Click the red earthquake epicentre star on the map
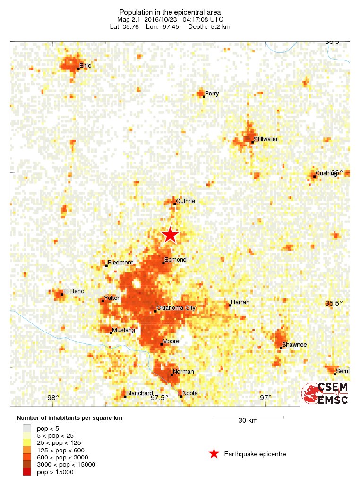[170, 235]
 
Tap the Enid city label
[85, 66]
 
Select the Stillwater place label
[266, 139]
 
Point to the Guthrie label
[185, 201]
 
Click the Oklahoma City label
[176, 308]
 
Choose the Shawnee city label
[294, 345]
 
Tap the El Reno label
[74, 291]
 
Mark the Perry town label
[212, 94]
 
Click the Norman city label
[183, 372]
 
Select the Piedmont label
[120, 263]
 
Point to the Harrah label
[240, 302]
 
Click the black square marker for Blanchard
[125, 397]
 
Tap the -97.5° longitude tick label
[159, 398]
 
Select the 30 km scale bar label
[248, 421]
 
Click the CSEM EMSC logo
[325, 393]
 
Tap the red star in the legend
[214, 454]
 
